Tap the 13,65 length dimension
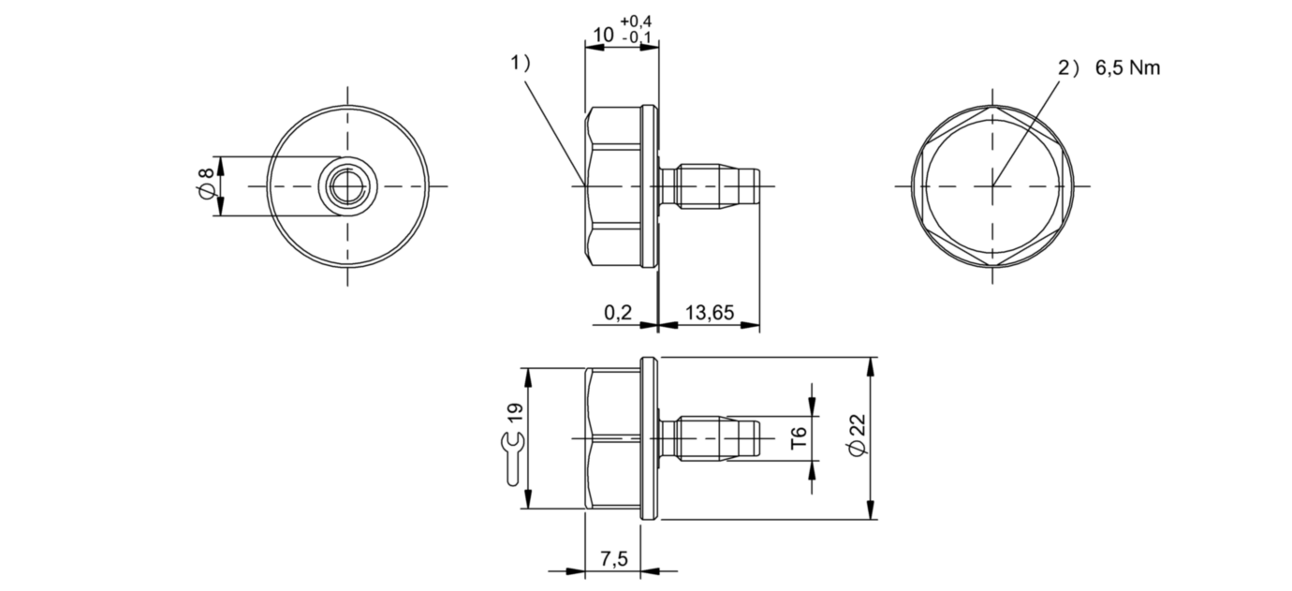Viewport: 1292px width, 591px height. coord(710,312)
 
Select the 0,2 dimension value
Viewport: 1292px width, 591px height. coord(618,312)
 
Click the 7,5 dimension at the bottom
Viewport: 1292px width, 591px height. coord(614,558)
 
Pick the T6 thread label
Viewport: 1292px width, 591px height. coord(799,438)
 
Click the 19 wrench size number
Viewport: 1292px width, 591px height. coord(515,413)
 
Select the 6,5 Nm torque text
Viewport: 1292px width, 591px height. coord(1127,67)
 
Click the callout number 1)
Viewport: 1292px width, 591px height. coord(520,63)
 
